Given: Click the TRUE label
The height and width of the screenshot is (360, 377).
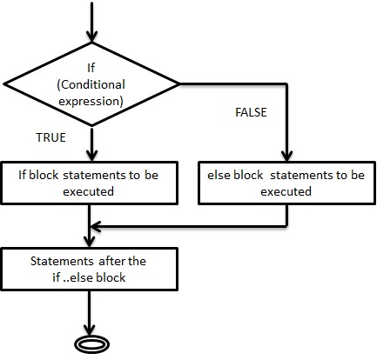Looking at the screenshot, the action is coord(50,137).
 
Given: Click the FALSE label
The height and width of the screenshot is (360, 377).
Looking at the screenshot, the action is coord(251,112).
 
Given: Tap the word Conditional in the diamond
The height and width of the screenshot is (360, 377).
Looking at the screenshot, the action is coord(93,84).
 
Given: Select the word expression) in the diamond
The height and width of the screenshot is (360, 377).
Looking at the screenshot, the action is coord(91,102).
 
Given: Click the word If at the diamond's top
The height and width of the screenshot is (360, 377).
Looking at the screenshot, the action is coord(91,68).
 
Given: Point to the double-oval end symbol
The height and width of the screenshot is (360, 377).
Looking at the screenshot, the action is coord(91,345).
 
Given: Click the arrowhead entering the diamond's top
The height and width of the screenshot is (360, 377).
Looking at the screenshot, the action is coord(91,37).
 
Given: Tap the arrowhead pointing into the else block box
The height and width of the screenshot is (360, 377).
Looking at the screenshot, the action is coord(286,155).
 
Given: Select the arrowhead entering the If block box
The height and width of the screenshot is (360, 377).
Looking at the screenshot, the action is coord(91,155).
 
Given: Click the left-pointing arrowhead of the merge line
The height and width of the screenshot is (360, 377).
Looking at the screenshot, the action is coord(96,227).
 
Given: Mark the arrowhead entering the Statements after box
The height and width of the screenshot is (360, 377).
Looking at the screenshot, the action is coord(89,241).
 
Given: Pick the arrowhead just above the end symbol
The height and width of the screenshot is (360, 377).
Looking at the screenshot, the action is coord(89,330).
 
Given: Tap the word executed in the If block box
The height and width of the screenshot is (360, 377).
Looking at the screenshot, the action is coord(88,191).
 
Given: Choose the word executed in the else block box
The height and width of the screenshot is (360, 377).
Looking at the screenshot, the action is coord(286,191).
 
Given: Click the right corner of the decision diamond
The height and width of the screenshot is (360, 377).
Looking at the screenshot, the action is coord(178,84).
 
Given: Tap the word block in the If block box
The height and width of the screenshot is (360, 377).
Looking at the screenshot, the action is coord(44,175).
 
